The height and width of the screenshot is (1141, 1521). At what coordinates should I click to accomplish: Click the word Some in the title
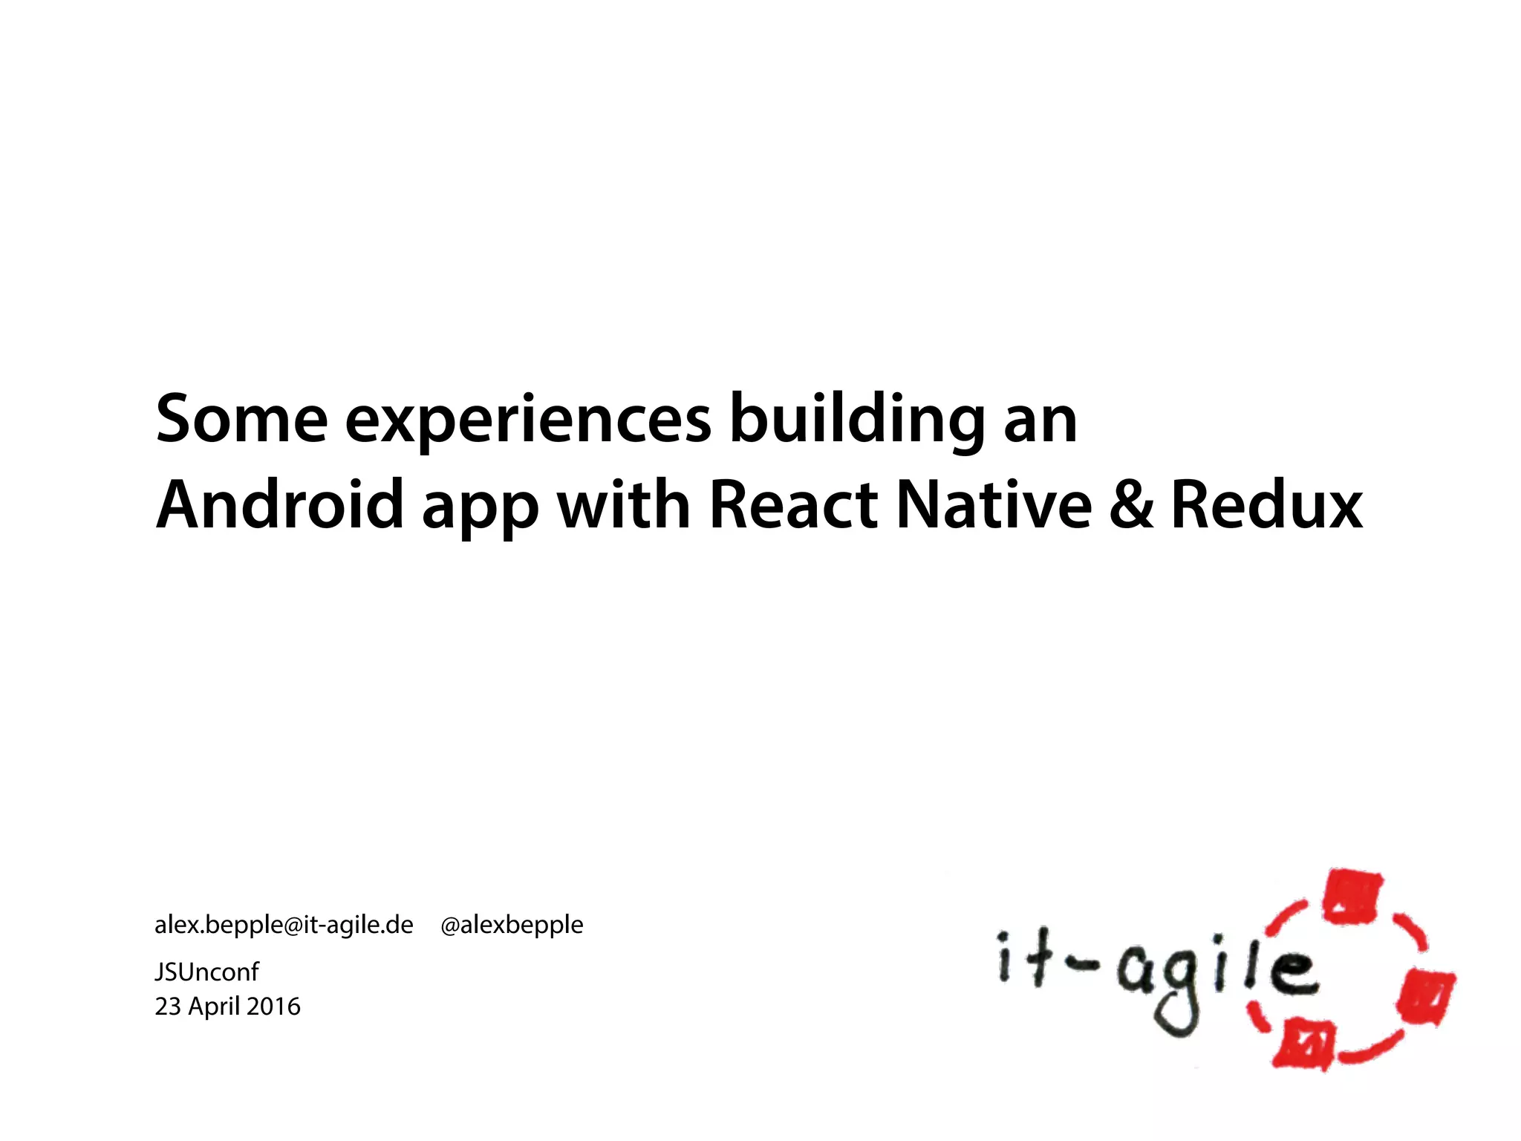241,420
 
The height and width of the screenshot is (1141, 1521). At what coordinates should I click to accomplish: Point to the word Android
280,505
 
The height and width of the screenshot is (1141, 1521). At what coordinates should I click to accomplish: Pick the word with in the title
624,505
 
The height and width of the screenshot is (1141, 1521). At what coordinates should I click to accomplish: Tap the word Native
994,505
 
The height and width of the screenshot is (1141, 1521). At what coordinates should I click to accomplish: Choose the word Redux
1266,505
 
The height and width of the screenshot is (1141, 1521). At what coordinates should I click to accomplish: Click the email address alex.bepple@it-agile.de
284,925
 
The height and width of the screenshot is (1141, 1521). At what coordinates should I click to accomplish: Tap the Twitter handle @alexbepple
512,925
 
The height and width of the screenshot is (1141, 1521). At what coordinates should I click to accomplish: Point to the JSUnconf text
206,972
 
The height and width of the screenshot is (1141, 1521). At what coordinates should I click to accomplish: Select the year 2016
273,1007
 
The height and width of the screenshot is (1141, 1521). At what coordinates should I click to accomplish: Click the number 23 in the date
168,1007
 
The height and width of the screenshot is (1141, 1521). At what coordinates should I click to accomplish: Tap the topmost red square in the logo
1353,897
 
